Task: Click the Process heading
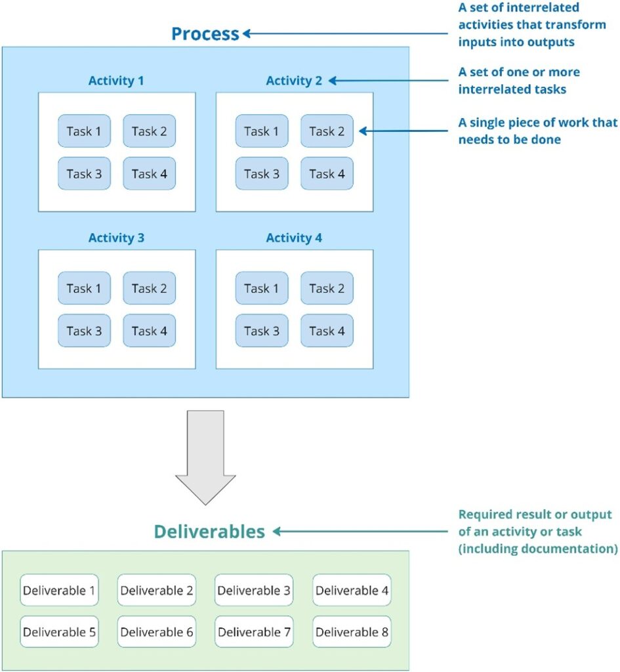[x=205, y=33]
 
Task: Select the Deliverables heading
[x=209, y=531]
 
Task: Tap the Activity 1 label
[x=116, y=81]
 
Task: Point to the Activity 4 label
[x=294, y=238]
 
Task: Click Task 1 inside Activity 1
[x=84, y=131]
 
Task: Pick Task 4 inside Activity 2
[x=327, y=174]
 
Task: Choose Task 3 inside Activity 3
[x=84, y=331]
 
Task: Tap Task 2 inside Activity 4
[x=327, y=288]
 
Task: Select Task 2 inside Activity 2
[x=327, y=131]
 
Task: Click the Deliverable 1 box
[x=59, y=591]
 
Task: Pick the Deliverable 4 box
[x=352, y=591]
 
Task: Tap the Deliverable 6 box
[x=157, y=632]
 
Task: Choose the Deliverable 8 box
[x=352, y=632]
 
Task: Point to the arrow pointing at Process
[x=348, y=33]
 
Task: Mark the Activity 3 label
[x=116, y=238]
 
